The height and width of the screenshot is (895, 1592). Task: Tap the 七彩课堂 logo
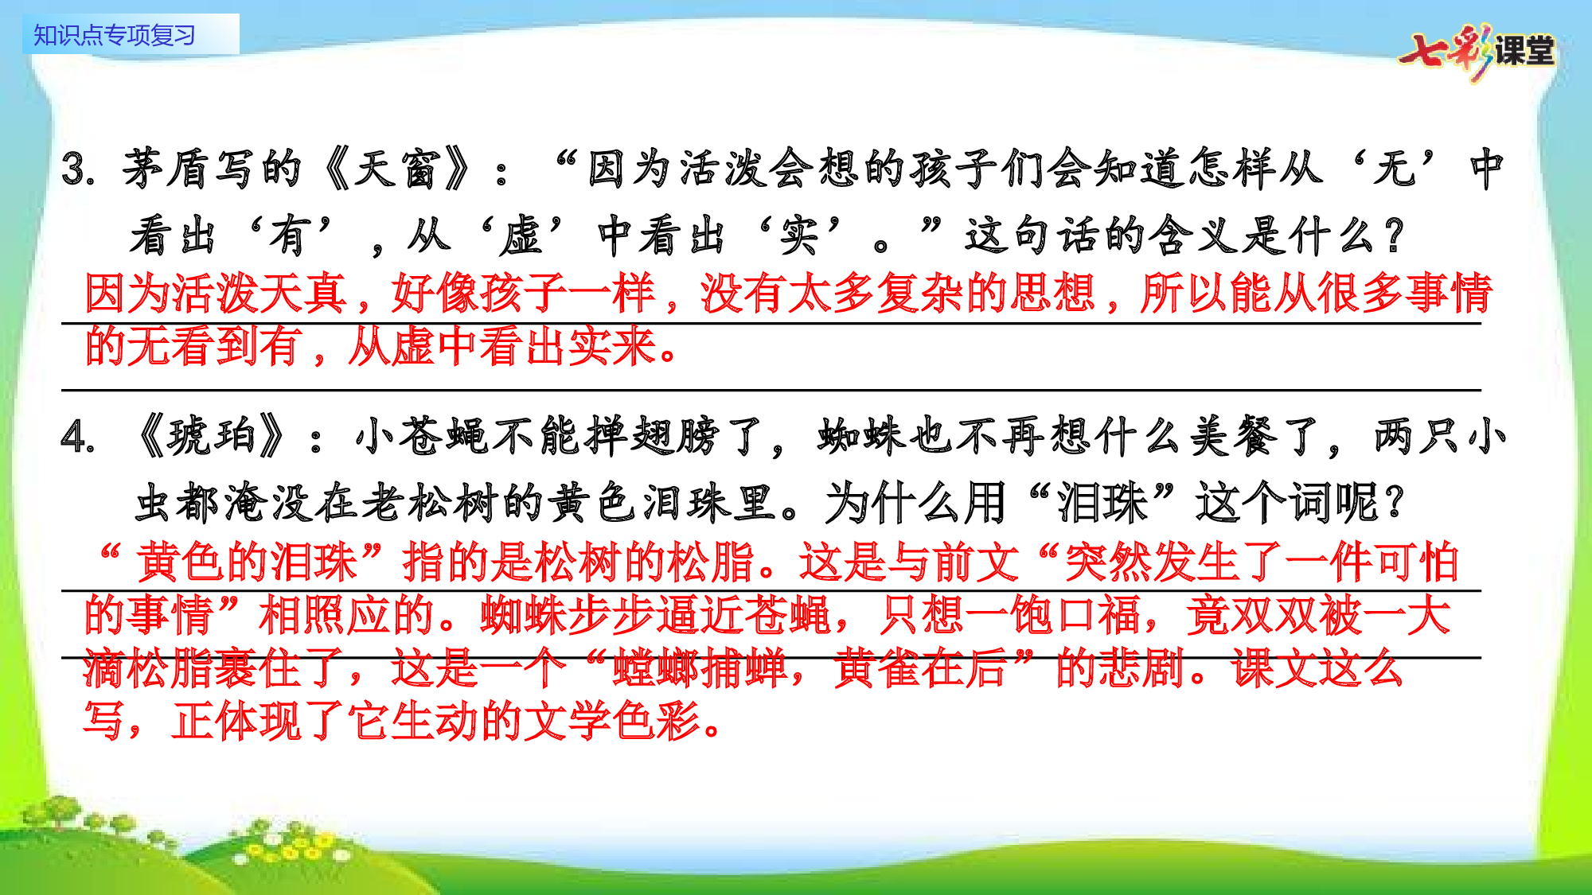pos(1477,52)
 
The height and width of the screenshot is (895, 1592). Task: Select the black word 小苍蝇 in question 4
pos(422,438)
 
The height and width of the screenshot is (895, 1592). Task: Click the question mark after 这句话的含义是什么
pos(1393,236)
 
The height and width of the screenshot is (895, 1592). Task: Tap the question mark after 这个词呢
pos(1393,503)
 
